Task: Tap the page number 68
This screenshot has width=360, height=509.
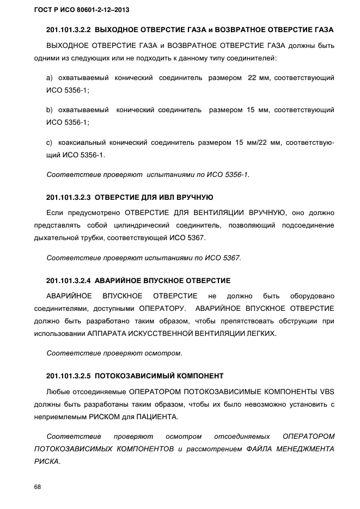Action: point(38,487)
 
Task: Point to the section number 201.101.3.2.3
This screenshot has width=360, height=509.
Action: point(69,197)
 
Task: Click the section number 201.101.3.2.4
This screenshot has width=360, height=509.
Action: point(69,281)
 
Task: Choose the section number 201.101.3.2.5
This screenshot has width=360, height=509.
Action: point(69,376)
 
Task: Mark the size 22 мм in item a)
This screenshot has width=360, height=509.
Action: point(258,78)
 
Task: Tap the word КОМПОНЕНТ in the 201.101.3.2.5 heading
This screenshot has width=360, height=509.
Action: point(201,376)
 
